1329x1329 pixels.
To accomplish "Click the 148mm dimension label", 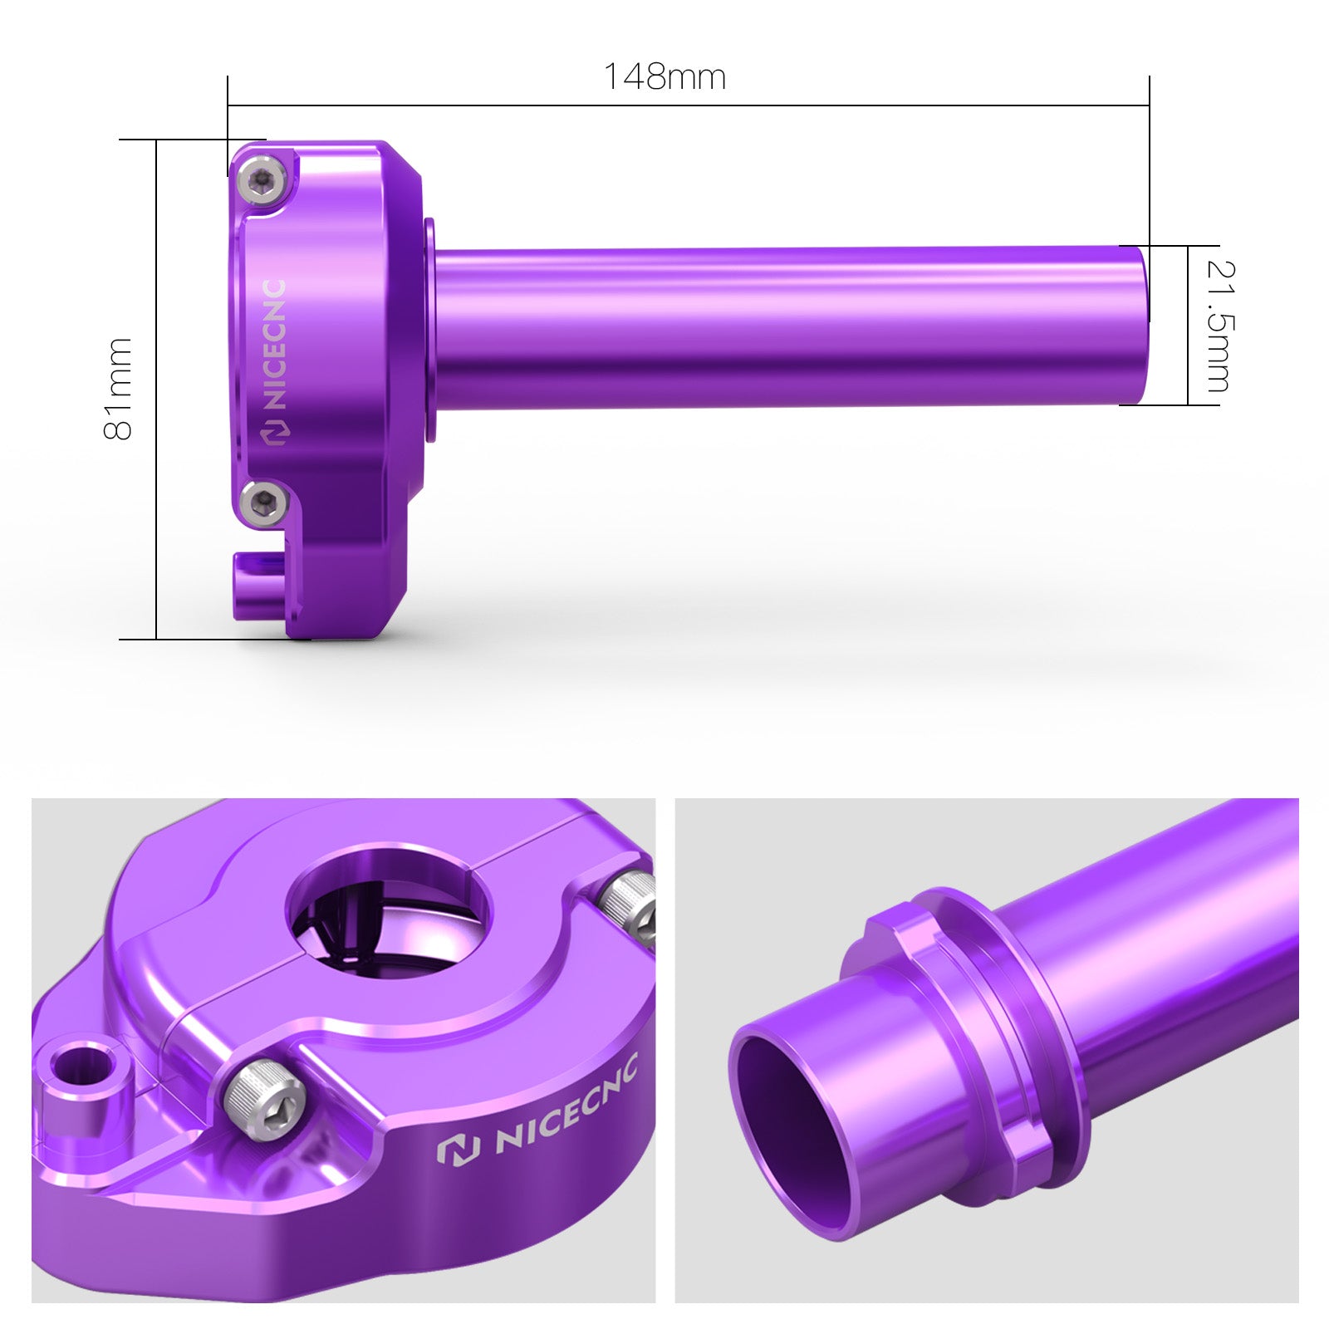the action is pos(664,76).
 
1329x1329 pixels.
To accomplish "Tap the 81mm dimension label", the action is pos(118,389).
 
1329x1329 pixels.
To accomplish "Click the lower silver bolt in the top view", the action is pos(262,502).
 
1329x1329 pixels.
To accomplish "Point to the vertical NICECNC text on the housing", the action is pos(275,345).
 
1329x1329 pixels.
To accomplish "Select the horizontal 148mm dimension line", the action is pos(689,105).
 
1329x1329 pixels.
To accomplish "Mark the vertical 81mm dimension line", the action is pos(156,390).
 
